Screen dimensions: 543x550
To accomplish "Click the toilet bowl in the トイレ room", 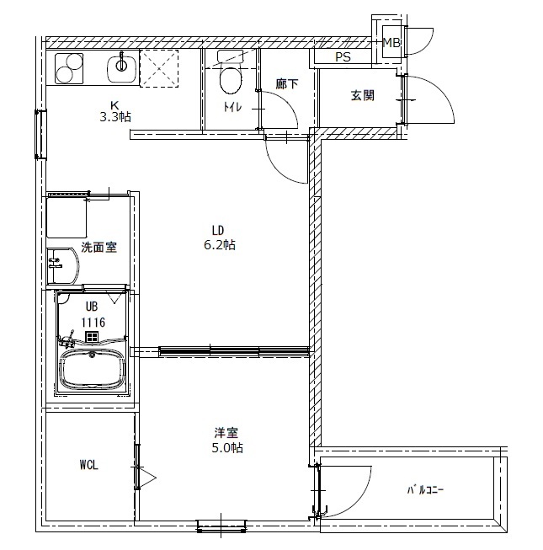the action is [x=231, y=79].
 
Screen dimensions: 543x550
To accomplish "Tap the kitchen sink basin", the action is [x=121, y=67].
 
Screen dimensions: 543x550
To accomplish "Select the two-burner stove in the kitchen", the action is [x=69, y=68].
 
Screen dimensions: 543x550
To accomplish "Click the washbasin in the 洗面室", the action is [x=63, y=266].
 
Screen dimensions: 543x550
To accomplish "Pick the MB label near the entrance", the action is [x=391, y=42].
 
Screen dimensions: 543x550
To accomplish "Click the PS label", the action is [x=343, y=56].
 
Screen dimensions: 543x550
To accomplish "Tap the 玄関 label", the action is [x=363, y=95].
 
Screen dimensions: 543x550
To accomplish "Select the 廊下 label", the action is [x=287, y=84].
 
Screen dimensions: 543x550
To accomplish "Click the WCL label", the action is [x=88, y=465].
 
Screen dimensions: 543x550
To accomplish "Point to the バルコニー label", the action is [x=425, y=489].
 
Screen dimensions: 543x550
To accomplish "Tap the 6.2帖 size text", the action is [x=220, y=245].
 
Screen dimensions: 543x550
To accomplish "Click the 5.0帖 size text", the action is [x=227, y=448].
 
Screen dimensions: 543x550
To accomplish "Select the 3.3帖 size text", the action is [x=115, y=116].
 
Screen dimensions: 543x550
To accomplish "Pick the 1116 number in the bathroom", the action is [x=93, y=322].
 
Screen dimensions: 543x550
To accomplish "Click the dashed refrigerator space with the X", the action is [x=159, y=68].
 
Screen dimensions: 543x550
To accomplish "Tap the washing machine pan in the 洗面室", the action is [x=67, y=217].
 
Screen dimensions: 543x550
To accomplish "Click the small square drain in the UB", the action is [x=92, y=337].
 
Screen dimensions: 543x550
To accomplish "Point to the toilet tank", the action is [x=231, y=56].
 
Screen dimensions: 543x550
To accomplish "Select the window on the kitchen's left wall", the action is [x=40, y=135].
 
